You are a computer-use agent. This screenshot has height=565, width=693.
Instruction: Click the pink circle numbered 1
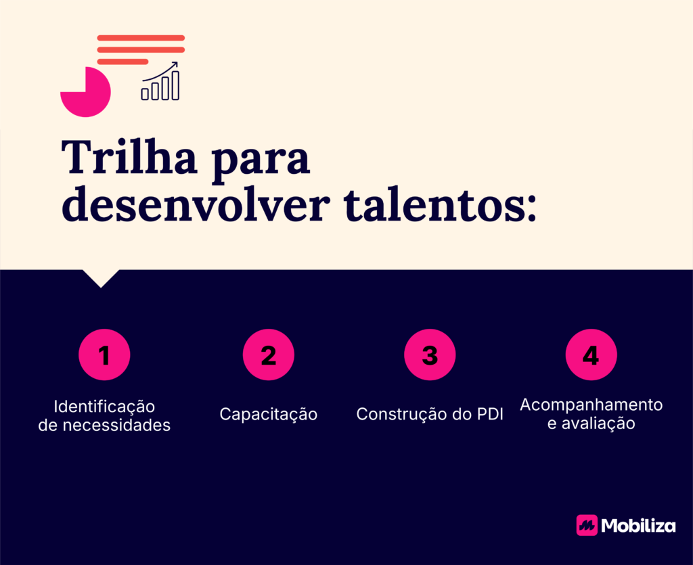coord(104,355)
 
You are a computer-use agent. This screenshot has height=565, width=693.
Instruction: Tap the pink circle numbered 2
coord(268,355)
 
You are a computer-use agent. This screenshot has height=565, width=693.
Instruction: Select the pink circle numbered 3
coord(430,355)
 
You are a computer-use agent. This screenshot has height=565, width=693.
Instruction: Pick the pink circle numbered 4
coord(591,355)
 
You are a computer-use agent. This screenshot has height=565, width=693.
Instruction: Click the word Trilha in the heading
coord(129,157)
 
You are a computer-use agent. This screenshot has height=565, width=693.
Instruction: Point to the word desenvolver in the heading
coord(196,204)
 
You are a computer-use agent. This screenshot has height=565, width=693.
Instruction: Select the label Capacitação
coord(268,414)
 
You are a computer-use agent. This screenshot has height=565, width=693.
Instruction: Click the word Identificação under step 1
coord(104,407)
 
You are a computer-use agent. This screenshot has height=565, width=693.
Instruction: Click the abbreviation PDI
coord(490,414)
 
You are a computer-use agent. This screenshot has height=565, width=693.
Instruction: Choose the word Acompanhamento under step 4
coord(591,405)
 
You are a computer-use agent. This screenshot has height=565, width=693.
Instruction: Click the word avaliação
coord(598,424)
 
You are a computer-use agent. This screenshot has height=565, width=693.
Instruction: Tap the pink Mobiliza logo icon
coord(587,525)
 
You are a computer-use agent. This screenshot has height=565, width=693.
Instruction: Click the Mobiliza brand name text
coord(638,525)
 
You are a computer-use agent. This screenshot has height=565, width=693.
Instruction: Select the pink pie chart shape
coord(85,92)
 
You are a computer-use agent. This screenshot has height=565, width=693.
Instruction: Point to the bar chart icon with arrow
coord(160,81)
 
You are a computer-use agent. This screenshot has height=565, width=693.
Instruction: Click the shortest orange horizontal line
coord(122,62)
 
